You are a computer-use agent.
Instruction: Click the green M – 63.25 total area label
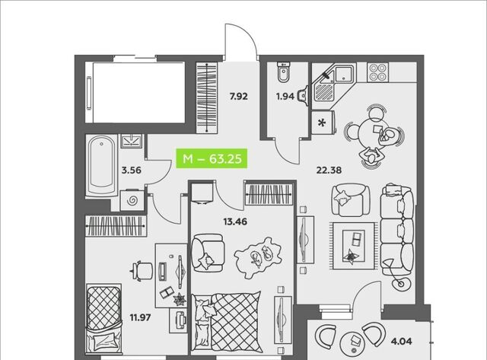coord(212,159)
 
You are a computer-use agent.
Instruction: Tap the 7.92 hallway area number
coord(238,97)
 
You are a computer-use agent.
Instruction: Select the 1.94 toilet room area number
coord(285,97)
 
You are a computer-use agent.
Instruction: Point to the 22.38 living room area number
coord(329,170)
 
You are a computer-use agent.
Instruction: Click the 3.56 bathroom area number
coord(132,170)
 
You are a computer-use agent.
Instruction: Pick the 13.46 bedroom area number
coord(235,221)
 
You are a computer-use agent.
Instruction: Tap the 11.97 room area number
coord(140,317)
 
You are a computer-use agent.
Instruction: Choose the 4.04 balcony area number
coord(402,342)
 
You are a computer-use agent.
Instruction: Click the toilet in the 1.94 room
coord(283,72)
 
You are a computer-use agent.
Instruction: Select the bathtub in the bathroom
coord(101,166)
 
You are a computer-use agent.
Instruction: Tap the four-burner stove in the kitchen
coord(377,72)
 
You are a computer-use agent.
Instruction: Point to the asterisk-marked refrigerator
coord(323,123)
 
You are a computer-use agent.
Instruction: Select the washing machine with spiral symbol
coord(132,200)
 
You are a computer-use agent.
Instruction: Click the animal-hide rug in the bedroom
coord(258,257)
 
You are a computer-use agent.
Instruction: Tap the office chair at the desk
coord(142,270)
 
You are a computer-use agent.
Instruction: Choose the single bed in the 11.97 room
coord(103,320)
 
